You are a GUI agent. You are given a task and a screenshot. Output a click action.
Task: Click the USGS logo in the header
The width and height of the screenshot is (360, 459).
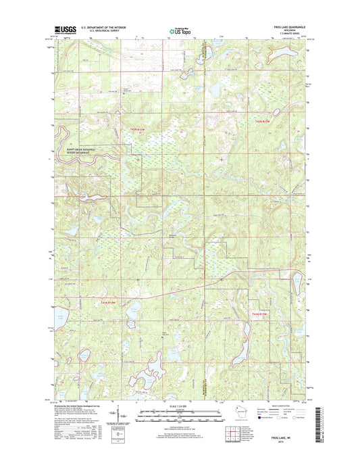coord(62,29)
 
